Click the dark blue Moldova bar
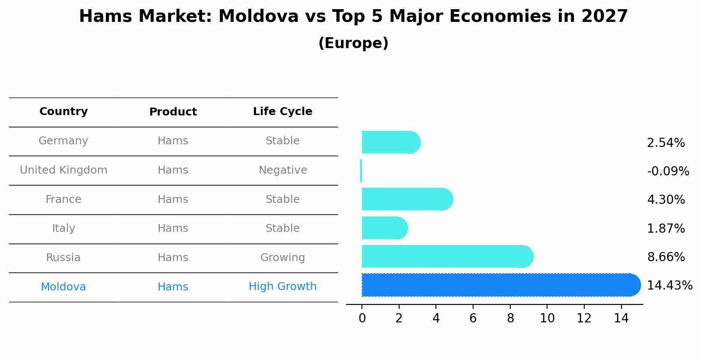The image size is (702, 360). pyautogui.click(x=499, y=285)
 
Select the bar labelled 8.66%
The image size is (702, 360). pyautogui.click(x=446, y=256)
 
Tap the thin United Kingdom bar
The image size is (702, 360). pyautogui.click(x=361, y=171)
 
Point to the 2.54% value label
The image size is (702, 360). pyautogui.click(x=666, y=143)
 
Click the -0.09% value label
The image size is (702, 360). pyautogui.click(x=668, y=171)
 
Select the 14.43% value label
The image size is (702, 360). pyautogui.click(x=670, y=286)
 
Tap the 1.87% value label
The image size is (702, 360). pyautogui.click(x=666, y=229)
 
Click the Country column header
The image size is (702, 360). pyautogui.click(x=63, y=112)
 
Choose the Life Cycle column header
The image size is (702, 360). pyautogui.click(x=283, y=112)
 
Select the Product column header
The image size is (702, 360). pyautogui.click(x=173, y=112)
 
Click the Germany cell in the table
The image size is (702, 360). pyautogui.click(x=63, y=141)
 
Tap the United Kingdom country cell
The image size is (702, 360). pyautogui.click(x=63, y=170)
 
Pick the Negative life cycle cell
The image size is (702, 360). pyautogui.click(x=283, y=170)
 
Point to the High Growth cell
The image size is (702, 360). pyautogui.click(x=283, y=287)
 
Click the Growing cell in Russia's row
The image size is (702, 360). pyautogui.click(x=283, y=258)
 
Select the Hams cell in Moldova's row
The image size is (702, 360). pyautogui.click(x=173, y=287)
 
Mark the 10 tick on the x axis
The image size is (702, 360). pyautogui.click(x=547, y=318)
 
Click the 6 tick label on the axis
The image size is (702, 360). pyautogui.click(x=473, y=318)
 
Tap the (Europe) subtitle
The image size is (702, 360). pyautogui.click(x=353, y=43)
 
